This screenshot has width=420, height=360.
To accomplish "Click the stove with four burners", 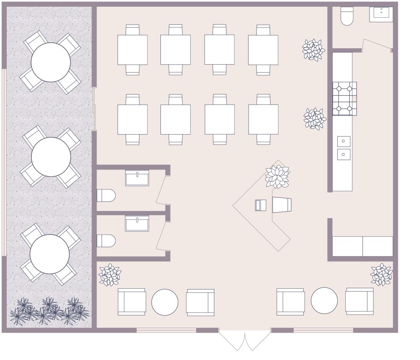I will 344,99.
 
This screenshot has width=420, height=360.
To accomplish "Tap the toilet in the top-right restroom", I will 347,17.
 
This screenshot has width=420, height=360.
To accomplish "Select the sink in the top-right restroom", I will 381,13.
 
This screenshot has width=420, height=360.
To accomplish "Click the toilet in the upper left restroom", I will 106,196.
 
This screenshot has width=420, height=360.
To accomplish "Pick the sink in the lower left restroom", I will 137,224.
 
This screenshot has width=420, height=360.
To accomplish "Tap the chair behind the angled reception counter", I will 281,205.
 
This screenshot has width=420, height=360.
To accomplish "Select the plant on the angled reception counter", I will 277,176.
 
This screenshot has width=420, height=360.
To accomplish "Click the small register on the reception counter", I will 260,205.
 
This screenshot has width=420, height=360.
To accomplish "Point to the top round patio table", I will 51,62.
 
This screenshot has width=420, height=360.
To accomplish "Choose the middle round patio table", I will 51,157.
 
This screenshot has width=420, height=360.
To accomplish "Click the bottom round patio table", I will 50,254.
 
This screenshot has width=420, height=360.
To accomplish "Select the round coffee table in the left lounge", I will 165,302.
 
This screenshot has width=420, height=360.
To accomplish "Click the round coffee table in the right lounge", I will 324,300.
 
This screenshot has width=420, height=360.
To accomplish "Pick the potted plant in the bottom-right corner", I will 382,275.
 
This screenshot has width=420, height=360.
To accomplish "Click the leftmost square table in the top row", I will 132,50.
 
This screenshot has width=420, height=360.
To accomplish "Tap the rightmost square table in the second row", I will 263,119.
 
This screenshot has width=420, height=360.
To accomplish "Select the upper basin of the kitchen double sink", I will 344,141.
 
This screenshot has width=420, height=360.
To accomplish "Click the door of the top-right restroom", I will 377,44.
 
